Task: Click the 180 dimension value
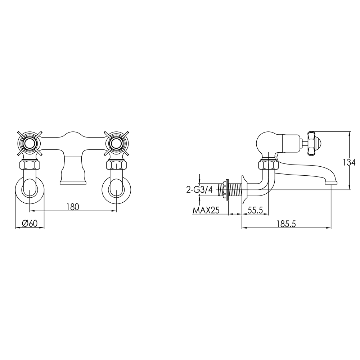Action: [x=72, y=207]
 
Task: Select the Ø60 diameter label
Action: [x=30, y=223]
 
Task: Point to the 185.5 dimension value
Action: [x=286, y=223]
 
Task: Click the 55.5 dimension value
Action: [x=255, y=210]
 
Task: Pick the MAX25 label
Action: [x=206, y=210]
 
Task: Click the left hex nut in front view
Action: [x=30, y=166]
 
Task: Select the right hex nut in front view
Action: [x=116, y=166]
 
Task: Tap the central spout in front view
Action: [x=73, y=171]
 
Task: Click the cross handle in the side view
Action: [x=312, y=143]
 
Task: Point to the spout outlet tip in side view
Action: [x=332, y=182]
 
